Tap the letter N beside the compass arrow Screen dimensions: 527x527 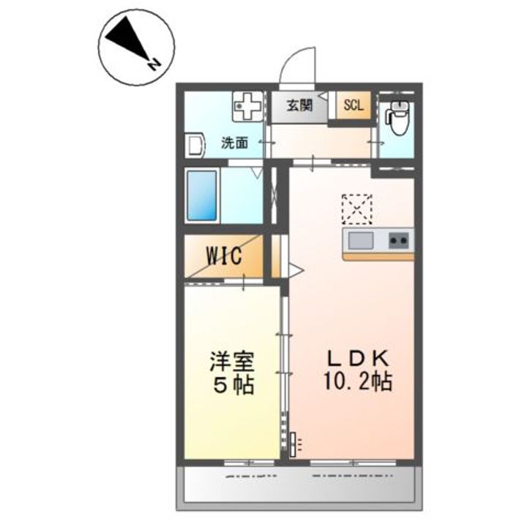coord(154,64)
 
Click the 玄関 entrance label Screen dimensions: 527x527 coord(299,105)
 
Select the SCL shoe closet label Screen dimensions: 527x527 coord(354,105)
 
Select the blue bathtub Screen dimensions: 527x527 coord(202,195)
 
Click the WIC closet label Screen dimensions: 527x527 coord(223,256)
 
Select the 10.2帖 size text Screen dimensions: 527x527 coord(359,381)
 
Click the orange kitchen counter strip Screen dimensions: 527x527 coord(378,256)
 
